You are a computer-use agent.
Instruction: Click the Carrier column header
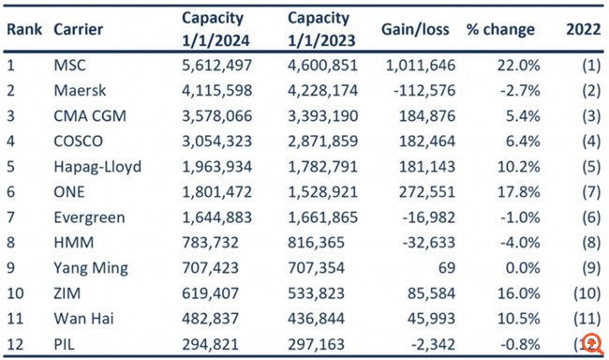(x=78, y=29)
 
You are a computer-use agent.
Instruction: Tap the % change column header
(x=500, y=29)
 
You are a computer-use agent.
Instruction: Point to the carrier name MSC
(x=71, y=65)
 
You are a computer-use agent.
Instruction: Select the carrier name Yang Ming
(x=92, y=268)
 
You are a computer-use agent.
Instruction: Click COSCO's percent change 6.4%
(x=521, y=141)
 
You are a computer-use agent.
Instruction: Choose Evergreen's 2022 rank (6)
(x=589, y=217)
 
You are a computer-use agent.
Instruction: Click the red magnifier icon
(x=591, y=343)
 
